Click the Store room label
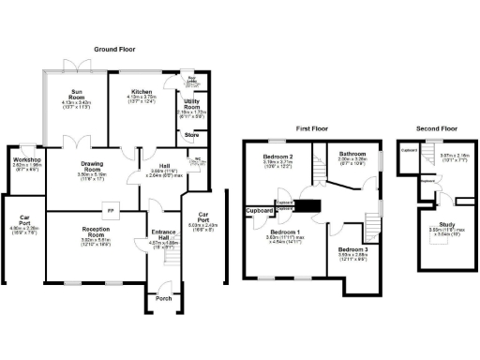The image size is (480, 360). point(191,135)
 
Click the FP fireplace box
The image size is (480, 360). point(111,209)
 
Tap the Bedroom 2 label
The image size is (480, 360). point(279,156)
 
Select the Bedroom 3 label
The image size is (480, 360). point(352,249)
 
